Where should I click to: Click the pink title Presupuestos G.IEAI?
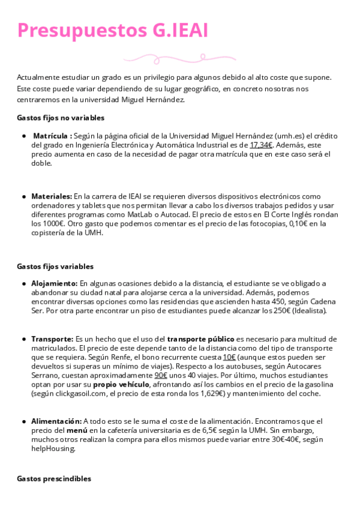tap(113, 31)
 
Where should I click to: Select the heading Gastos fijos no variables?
tap(61, 118)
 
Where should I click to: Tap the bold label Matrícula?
tap(52, 136)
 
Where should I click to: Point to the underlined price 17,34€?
tap(261, 145)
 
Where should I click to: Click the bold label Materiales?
tap(51, 196)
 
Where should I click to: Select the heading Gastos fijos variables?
tap(55, 266)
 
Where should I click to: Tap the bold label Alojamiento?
tap(54, 283)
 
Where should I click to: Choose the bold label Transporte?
tap(52, 339)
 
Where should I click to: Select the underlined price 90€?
tap(160, 375)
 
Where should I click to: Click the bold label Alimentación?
tap(56, 421)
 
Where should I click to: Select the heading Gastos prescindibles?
tap(55, 478)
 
